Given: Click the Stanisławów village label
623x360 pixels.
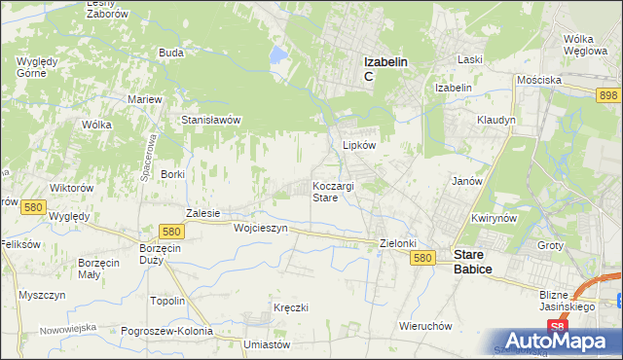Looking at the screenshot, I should point(211,120).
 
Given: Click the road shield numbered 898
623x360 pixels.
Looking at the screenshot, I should point(609,93).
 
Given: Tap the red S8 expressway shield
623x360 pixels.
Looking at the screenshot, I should point(556,327).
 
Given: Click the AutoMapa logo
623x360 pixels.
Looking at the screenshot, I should point(561,342).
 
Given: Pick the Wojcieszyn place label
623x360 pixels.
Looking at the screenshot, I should point(261,228).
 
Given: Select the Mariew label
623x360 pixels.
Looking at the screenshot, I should point(145,99).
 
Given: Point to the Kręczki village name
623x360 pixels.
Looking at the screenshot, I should point(291,307).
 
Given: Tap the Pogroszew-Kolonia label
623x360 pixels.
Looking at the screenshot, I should point(167,331).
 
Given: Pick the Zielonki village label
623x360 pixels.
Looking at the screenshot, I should point(398,243).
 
